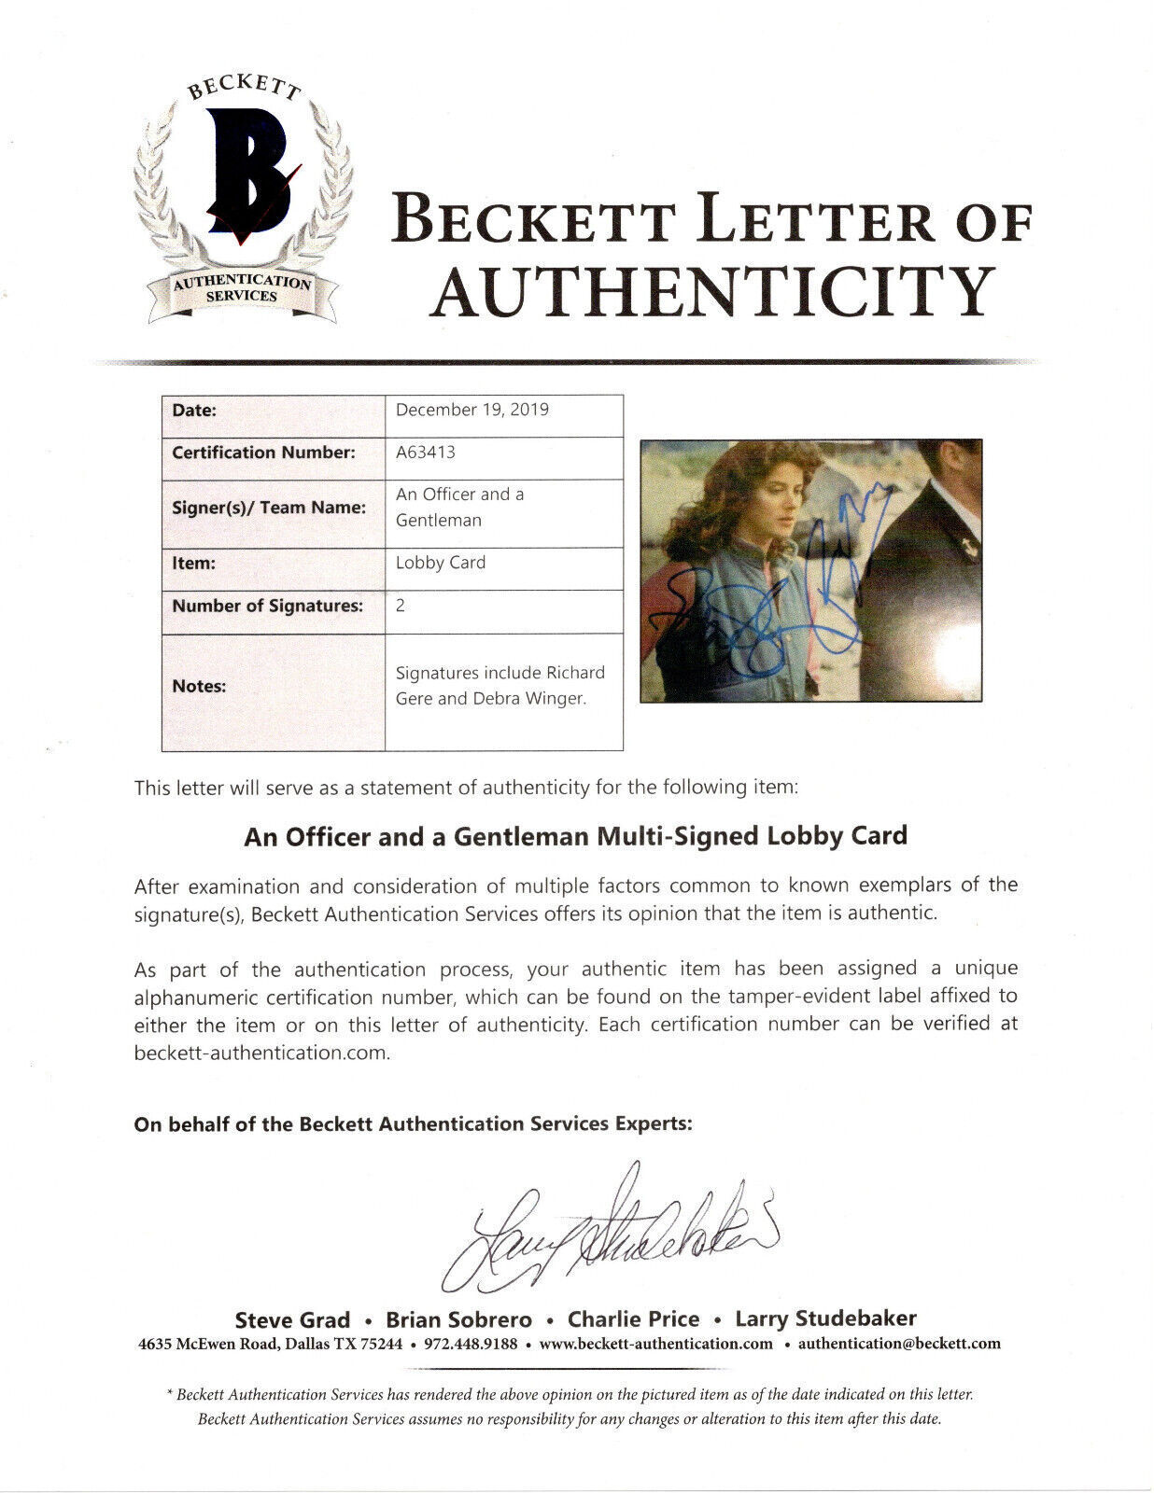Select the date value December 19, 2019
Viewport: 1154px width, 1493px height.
pyautogui.click(x=471, y=410)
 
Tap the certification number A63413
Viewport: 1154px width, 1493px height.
pyautogui.click(x=425, y=453)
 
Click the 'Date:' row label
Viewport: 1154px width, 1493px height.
pyautogui.click(x=194, y=410)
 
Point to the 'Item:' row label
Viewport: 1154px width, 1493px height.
pyautogui.click(x=194, y=564)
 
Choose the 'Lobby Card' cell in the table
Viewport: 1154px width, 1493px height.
pyautogui.click(x=441, y=563)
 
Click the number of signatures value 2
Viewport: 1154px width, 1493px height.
pyautogui.click(x=401, y=606)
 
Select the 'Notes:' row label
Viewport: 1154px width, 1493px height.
pyautogui.click(x=199, y=686)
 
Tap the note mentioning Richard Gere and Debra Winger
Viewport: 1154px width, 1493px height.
pyautogui.click(x=500, y=686)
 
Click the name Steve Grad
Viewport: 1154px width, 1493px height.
pyautogui.click(x=292, y=1319)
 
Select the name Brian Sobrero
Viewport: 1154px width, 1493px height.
pyautogui.click(x=459, y=1319)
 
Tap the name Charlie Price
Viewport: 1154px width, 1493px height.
pyautogui.click(x=634, y=1319)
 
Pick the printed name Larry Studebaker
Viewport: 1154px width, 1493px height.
pyautogui.click(x=825, y=1319)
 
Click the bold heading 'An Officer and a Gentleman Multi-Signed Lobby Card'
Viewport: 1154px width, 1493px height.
pyautogui.click(x=575, y=835)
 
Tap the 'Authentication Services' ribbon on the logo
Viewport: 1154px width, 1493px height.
pyautogui.click(x=241, y=287)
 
